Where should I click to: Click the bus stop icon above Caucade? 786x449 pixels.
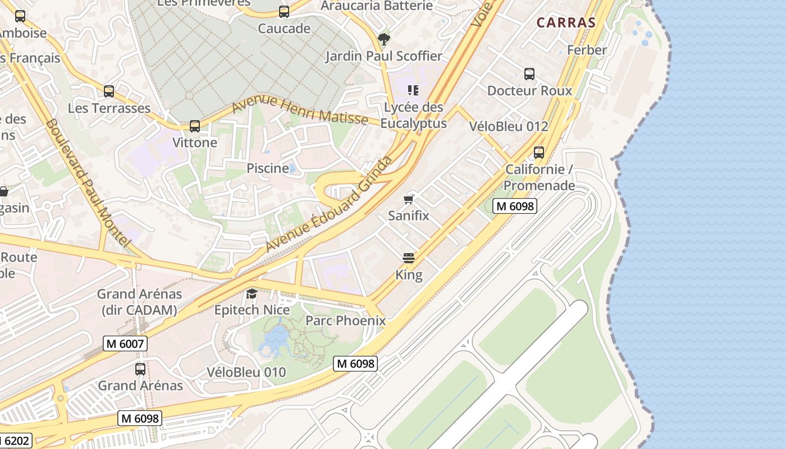click(x=284, y=12)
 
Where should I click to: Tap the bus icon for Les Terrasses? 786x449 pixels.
click(x=109, y=91)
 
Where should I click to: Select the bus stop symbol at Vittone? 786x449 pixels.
click(x=195, y=126)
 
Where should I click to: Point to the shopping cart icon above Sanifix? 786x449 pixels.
click(x=409, y=199)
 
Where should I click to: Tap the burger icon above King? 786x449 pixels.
click(x=409, y=258)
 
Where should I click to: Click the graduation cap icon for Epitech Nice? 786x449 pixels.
click(x=252, y=294)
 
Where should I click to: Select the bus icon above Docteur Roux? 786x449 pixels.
click(x=529, y=74)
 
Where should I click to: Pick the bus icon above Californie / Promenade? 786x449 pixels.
click(x=539, y=153)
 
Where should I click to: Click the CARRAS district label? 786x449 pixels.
click(x=565, y=23)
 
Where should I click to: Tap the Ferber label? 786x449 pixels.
click(x=587, y=50)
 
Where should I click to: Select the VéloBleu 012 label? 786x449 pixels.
click(x=508, y=127)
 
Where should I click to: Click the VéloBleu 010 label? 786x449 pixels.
click(x=246, y=372)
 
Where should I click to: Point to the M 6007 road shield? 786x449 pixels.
click(x=125, y=343)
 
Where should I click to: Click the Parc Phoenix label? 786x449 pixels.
click(x=345, y=321)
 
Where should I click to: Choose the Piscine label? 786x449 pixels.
click(x=268, y=168)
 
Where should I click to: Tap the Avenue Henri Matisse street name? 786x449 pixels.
click(x=300, y=111)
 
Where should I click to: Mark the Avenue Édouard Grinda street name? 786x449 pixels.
click(x=328, y=205)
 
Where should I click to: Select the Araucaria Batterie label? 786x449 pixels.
click(x=376, y=6)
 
